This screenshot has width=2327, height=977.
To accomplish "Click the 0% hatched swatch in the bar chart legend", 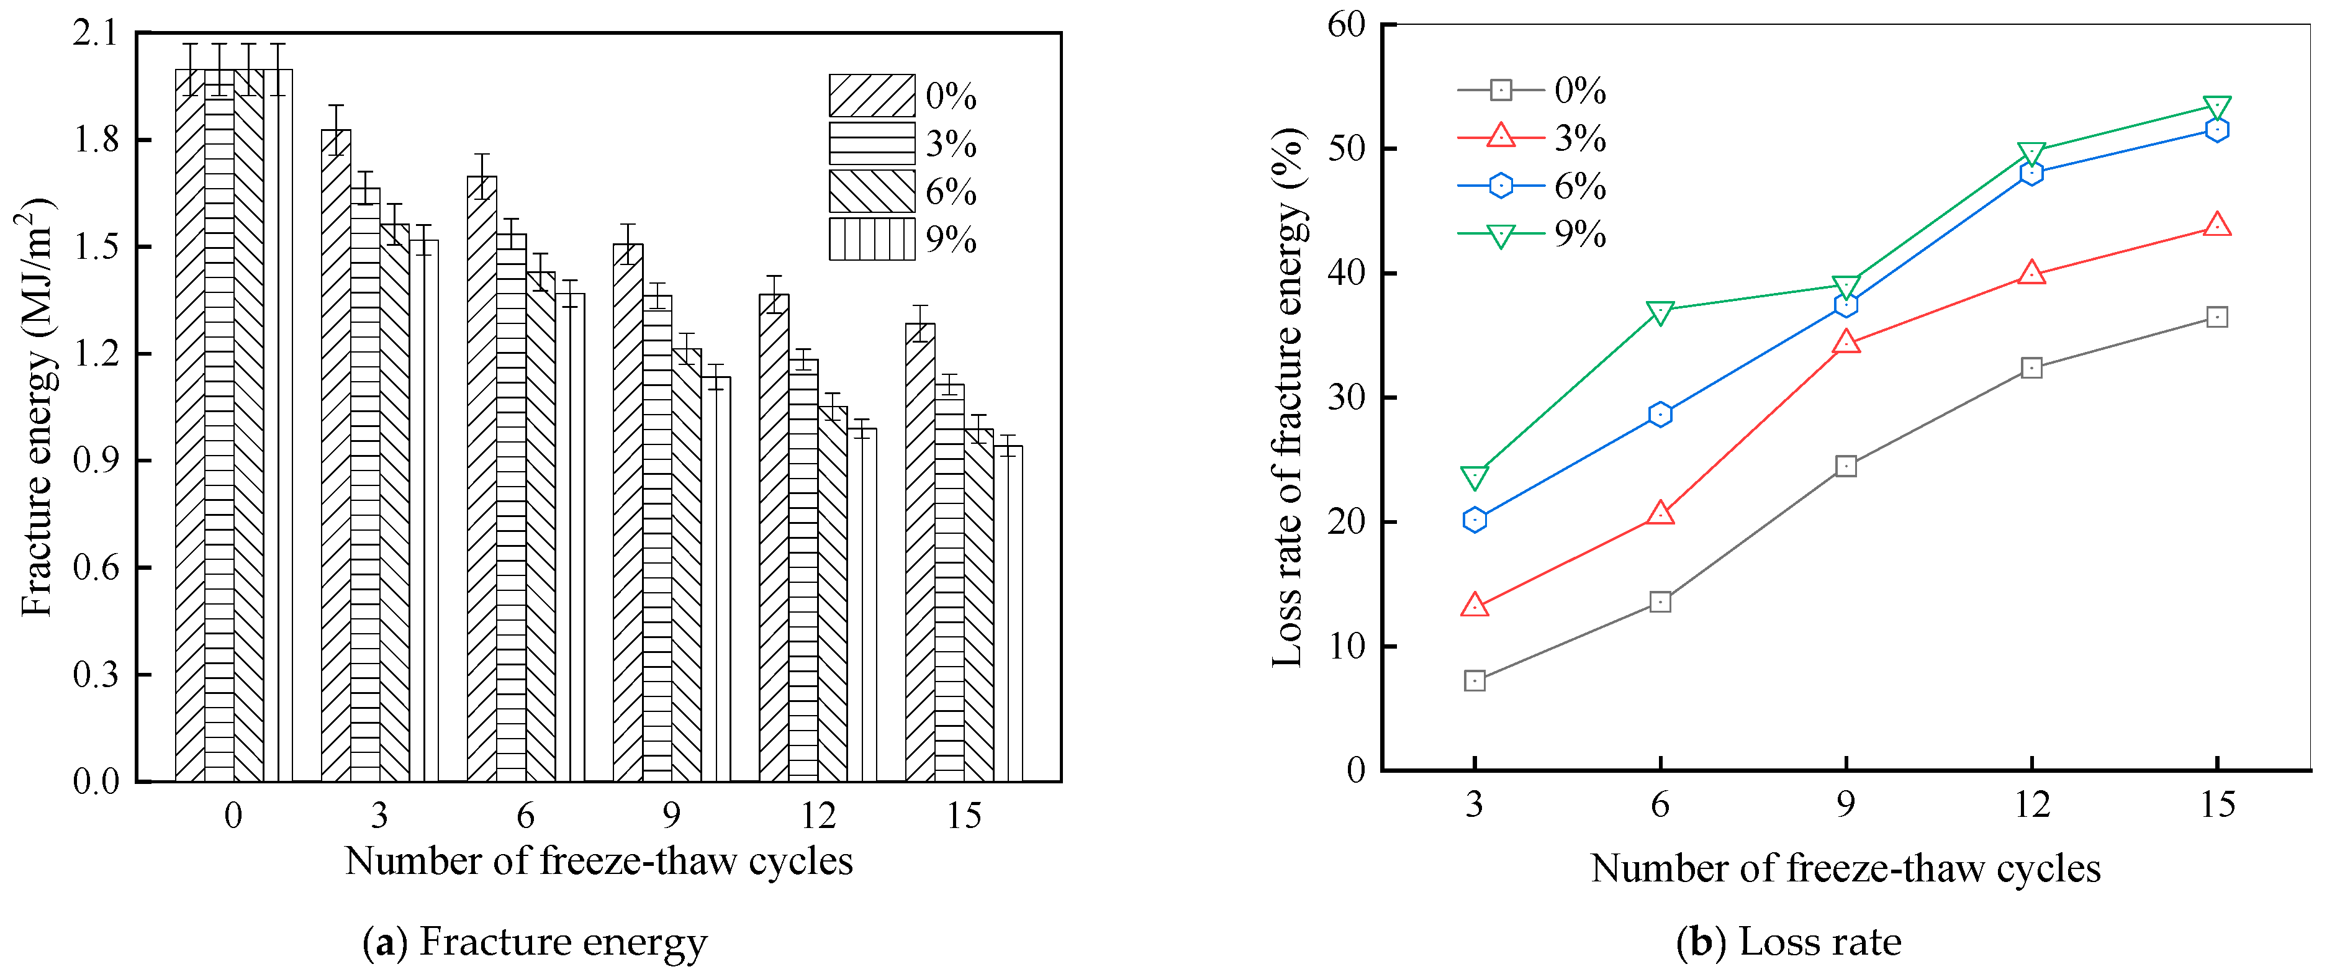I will point(871,96).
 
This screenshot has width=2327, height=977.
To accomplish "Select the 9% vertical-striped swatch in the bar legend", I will point(871,239).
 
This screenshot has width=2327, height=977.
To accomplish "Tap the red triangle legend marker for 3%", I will point(1499,137).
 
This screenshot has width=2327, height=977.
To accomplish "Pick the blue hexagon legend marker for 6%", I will point(1499,185).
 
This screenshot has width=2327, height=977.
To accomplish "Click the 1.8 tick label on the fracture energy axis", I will point(96,140).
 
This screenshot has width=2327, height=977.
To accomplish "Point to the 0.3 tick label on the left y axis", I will point(96,675).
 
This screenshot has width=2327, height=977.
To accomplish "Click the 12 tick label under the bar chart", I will point(818,816).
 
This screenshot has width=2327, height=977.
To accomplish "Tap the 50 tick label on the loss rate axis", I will point(1346,148).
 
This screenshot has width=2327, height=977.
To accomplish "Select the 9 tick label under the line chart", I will point(1846,804).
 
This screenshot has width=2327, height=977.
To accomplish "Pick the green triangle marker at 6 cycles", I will point(1660,312).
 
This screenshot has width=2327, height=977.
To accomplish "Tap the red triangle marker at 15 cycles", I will point(2216,225).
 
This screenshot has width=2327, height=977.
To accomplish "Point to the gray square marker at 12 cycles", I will point(2031,367).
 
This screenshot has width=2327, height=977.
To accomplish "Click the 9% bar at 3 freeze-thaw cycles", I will point(423,510).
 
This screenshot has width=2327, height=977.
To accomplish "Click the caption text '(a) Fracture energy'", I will point(535,942).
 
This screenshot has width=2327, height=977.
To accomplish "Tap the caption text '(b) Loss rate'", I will point(1789,942).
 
